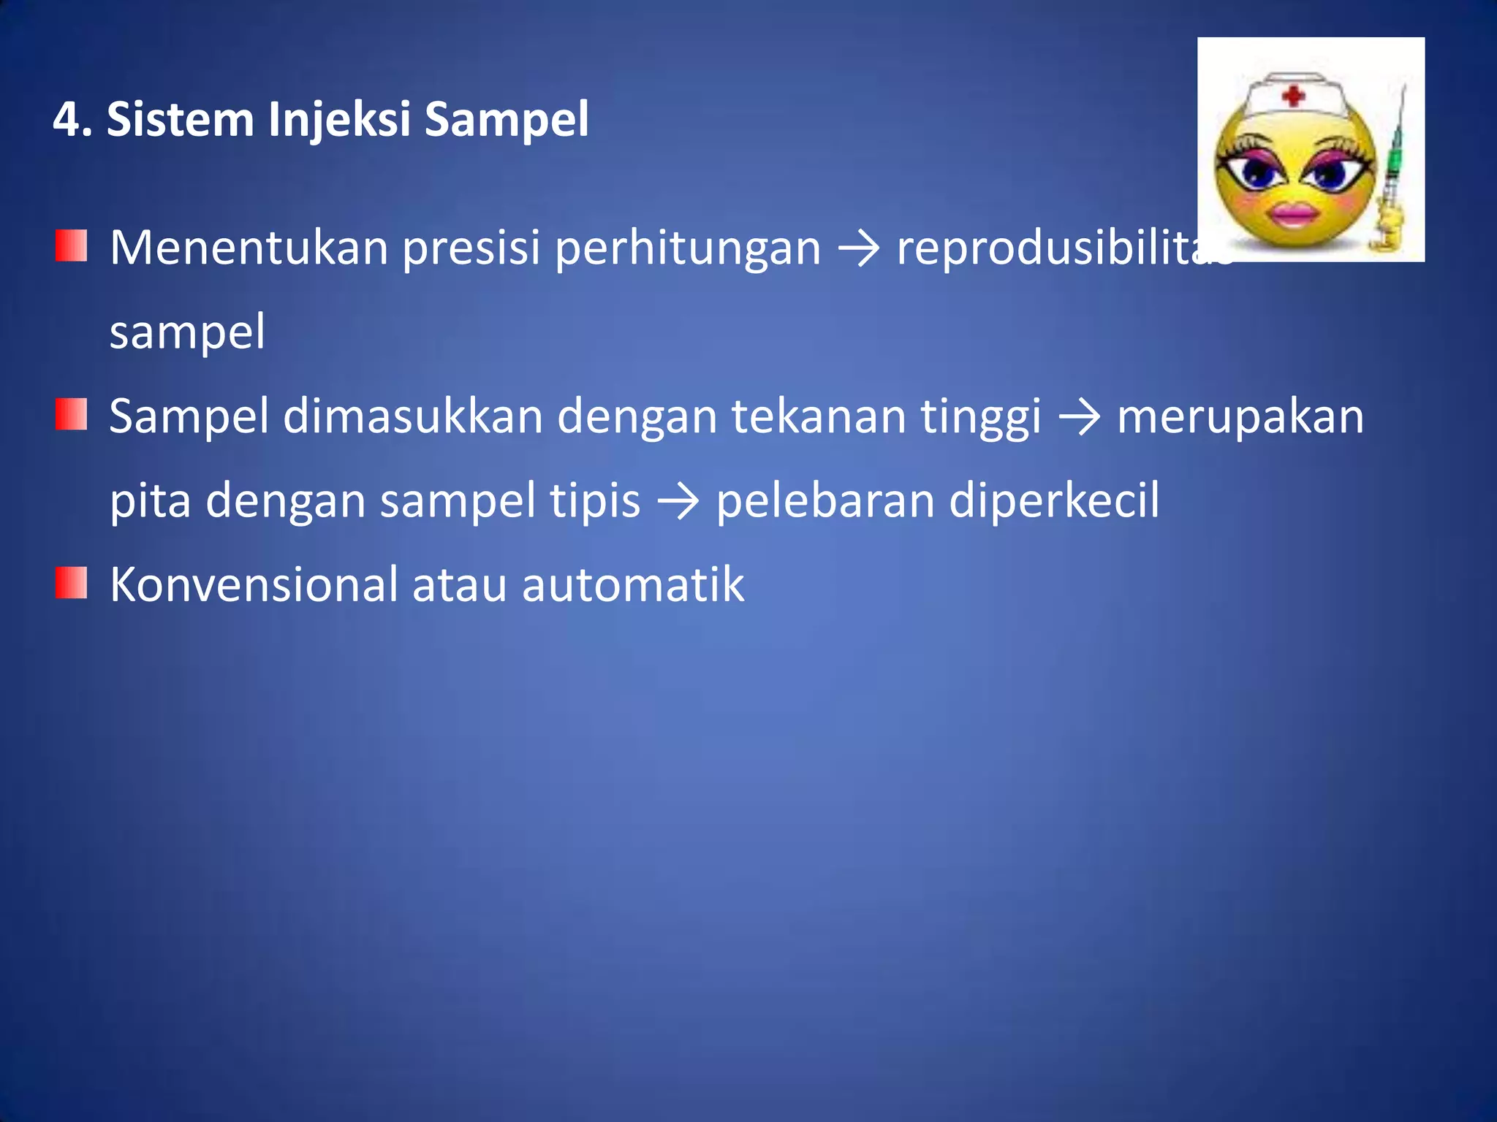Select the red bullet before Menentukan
[71, 246]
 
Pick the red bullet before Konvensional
[71, 583]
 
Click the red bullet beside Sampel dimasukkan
[71, 414]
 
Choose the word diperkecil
[1053, 501]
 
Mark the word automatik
[632, 585]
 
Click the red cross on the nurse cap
[1293, 96]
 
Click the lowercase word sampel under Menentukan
[187, 332]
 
